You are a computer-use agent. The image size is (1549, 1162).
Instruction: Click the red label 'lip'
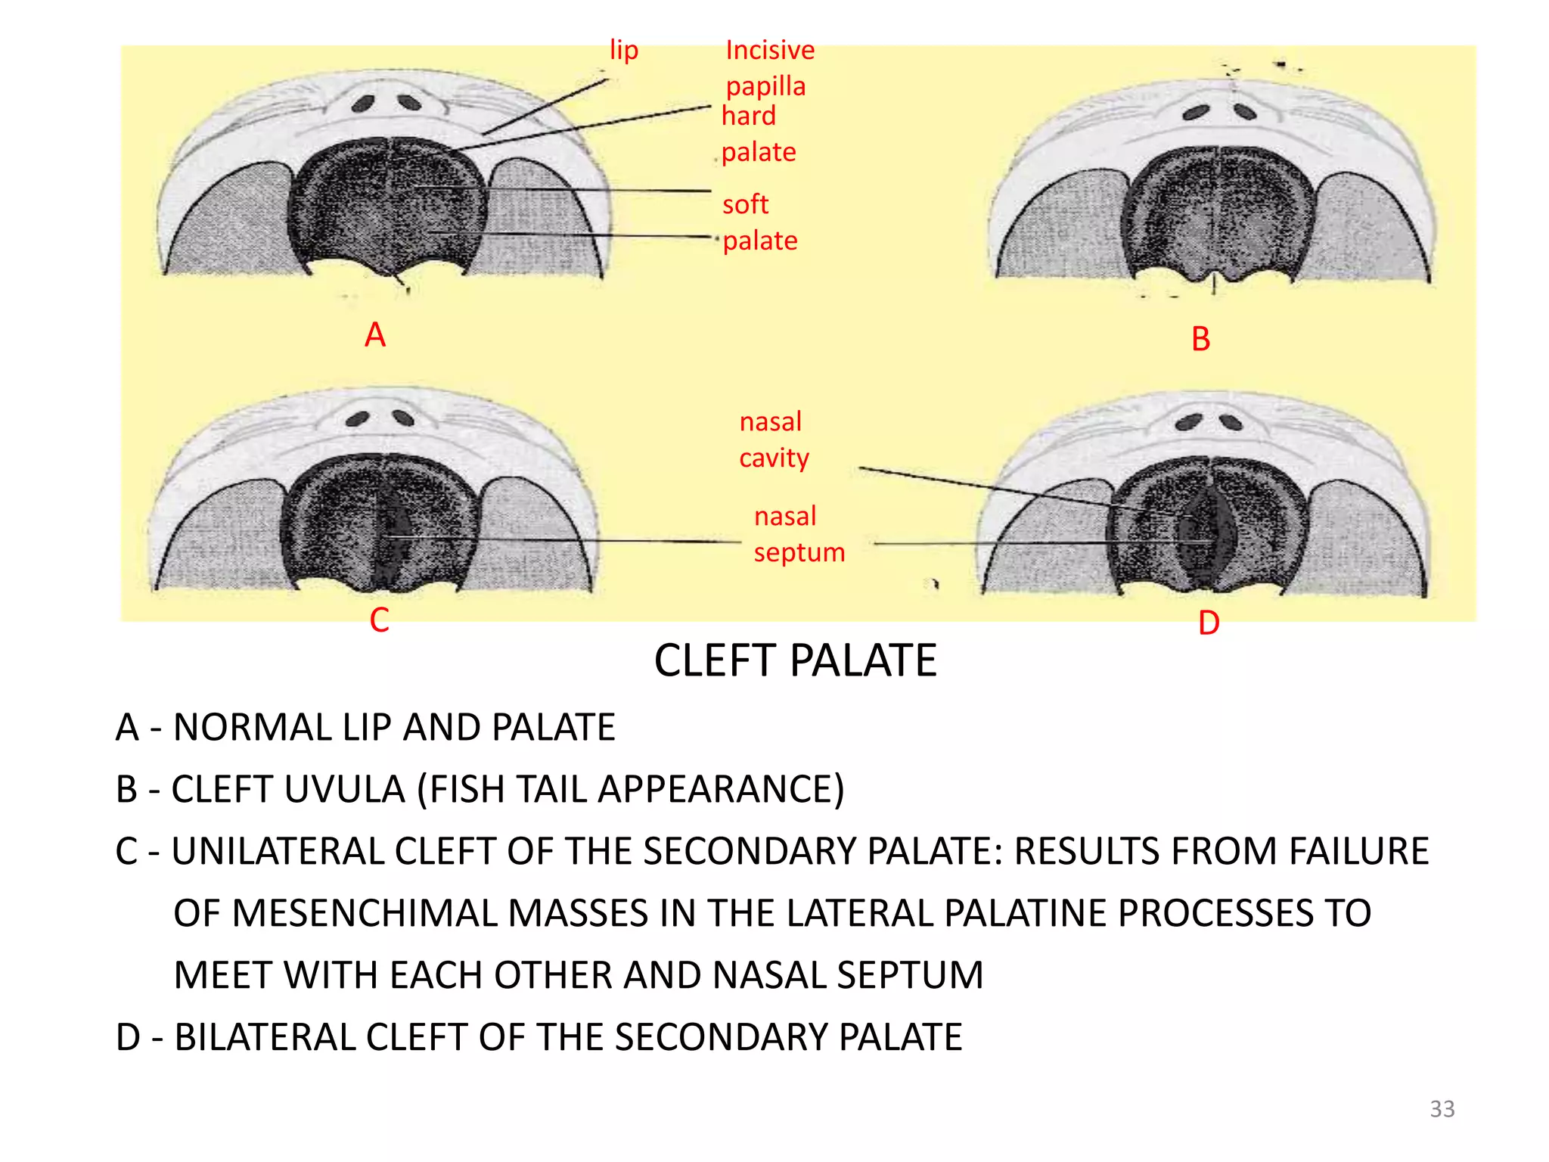(x=624, y=51)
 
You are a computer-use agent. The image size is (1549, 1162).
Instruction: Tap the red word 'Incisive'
(x=770, y=50)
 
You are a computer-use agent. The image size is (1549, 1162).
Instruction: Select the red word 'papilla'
(x=765, y=87)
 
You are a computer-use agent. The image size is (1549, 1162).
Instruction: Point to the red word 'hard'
(x=748, y=116)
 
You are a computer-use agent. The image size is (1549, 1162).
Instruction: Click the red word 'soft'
(x=745, y=204)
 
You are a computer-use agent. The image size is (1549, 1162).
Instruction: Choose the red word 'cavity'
(x=774, y=458)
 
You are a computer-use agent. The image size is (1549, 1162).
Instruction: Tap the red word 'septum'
(x=799, y=552)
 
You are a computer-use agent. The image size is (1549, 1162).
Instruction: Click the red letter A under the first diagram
(x=375, y=335)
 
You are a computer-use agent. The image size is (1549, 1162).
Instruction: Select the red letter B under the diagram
(x=1200, y=339)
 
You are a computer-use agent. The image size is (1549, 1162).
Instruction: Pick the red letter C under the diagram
(x=379, y=620)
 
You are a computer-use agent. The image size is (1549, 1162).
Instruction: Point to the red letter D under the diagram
(x=1209, y=623)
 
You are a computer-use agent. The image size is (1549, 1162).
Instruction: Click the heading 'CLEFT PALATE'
(x=795, y=660)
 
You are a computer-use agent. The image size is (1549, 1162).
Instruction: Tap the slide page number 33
(x=1442, y=1109)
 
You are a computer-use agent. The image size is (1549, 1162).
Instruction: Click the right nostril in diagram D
(x=1231, y=422)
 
